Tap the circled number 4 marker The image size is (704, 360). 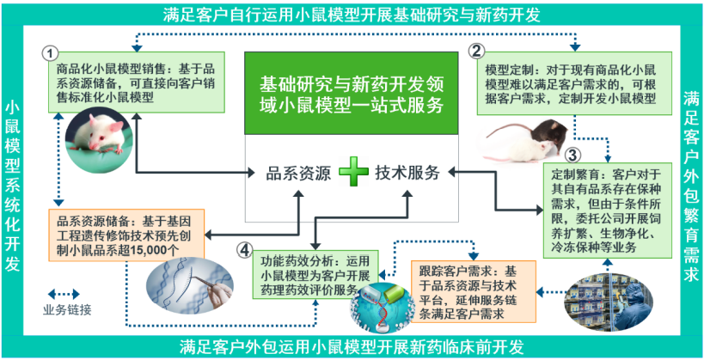pyautogui.click(x=247, y=250)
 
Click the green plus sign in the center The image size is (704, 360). pyautogui.click(x=352, y=172)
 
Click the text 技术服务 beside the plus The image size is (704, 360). pyautogui.click(x=407, y=172)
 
